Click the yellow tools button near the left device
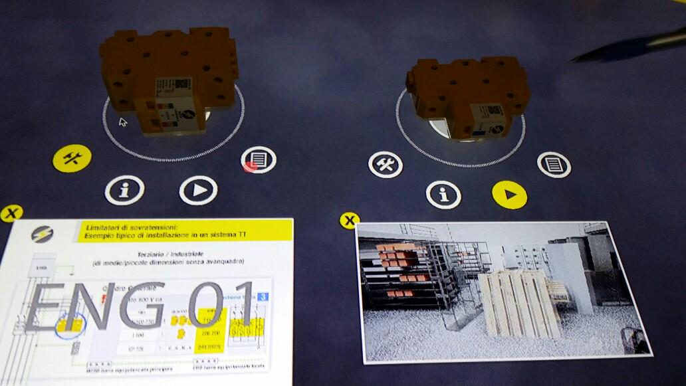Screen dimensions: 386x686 tap(72, 158)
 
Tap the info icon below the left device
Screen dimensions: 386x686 tap(124, 190)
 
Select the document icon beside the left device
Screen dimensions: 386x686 tap(259, 160)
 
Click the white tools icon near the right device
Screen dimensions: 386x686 tap(386, 164)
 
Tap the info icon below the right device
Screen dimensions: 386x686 tap(443, 195)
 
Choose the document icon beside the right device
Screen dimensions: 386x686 tap(553, 164)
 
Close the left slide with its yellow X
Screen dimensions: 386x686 tap(11, 213)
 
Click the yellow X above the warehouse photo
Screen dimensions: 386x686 tap(349, 221)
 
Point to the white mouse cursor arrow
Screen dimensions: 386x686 tap(123, 122)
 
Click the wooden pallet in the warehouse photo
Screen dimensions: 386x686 tap(518, 302)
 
